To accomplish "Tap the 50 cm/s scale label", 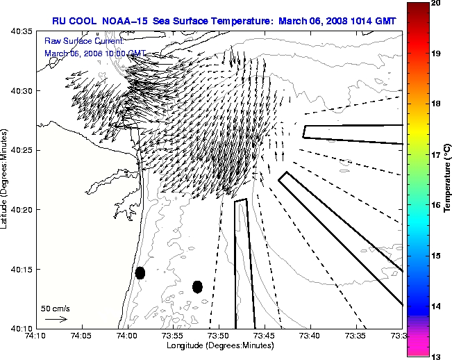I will point(56,307).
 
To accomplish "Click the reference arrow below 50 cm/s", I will point(56,319).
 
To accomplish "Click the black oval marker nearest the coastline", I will point(140,272).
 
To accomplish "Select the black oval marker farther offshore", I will point(197,286).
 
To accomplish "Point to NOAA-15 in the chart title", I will point(119,21).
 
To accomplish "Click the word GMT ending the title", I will point(385,21).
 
